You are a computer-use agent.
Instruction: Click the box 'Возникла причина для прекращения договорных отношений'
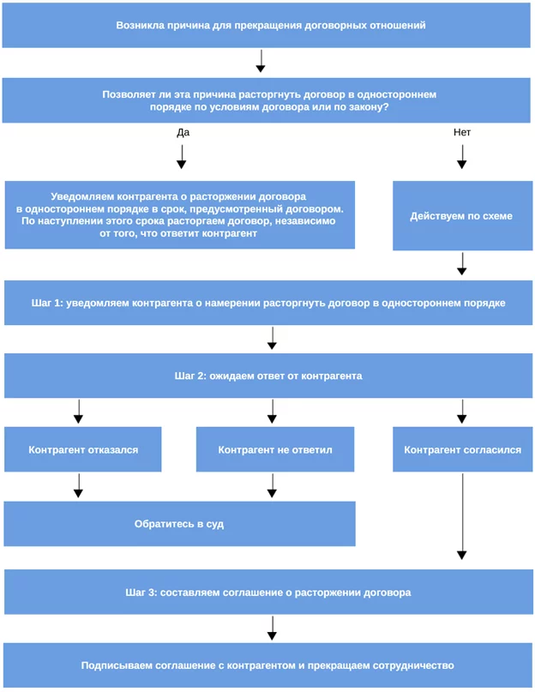(266, 25)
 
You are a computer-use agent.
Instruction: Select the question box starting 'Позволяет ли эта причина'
(266, 100)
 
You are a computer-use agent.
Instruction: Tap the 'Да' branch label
(183, 132)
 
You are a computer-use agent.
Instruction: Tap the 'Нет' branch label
(462, 132)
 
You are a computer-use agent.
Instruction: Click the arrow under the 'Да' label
(182, 157)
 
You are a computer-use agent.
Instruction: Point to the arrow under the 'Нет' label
(462, 157)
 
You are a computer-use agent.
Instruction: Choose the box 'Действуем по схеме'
(463, 215)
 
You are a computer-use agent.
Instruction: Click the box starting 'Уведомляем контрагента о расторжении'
(180, 215)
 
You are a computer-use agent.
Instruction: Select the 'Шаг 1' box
(268, 303)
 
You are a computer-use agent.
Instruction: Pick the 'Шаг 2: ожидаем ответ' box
(268, 376)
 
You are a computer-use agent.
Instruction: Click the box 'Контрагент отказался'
(83, 449)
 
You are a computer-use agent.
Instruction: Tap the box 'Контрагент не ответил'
(275, 449)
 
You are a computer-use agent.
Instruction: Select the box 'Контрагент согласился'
(463, 449)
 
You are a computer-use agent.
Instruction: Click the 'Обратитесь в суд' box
(180, 524)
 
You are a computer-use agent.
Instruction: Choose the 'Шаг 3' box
(269, 592)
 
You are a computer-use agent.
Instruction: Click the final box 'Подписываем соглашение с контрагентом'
(268, 665)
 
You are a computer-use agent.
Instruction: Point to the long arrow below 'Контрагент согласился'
(462, 516)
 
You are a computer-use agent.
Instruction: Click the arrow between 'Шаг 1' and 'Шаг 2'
(272, 338)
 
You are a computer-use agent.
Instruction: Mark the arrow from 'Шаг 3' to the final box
(273, 628)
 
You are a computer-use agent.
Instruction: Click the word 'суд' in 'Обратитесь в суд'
(215, 524)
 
